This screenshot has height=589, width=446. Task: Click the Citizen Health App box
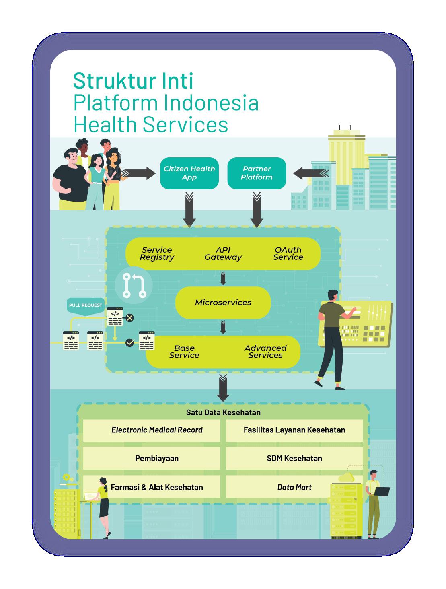click(x=189, y=173)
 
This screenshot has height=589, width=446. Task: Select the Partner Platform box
click(x=257, y=173)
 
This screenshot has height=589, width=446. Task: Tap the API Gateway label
click(x=223, y=253)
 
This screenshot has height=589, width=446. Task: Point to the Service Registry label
click(x=157, y=253)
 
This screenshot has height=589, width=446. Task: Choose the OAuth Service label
click(x=288, y=253)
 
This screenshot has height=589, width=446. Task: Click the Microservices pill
click(x=223, y=303)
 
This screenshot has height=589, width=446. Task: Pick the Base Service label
click(x=184, y=352)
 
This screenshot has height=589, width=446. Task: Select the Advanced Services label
click(x=265, y=352)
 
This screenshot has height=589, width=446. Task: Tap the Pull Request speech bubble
click(x=86, y=305)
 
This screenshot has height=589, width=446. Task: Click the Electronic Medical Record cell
click(x=157, y=430)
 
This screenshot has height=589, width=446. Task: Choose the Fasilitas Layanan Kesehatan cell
click(x=294, y=430)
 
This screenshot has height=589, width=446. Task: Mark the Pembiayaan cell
click(x=157, y=458)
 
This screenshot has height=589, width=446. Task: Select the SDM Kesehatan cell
click(x=294, y=458)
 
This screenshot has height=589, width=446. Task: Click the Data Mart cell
click(x=294, y=487)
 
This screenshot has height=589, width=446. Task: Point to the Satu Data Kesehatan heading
click(x=223, y=412)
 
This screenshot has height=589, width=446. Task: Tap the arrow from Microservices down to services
click(x=223, y=327)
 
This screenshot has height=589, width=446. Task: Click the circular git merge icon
click(x=134, y=285)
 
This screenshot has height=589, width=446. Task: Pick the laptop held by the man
click(x=382, y=491)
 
